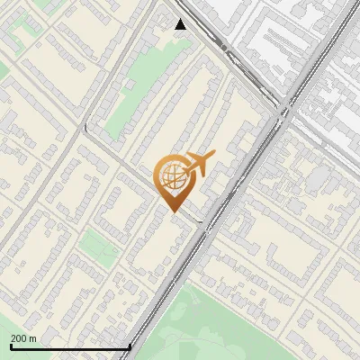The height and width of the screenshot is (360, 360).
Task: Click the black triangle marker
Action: [181, 24]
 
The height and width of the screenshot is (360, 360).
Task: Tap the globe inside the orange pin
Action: [173, 177]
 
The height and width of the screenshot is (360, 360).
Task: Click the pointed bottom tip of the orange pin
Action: [173, 213]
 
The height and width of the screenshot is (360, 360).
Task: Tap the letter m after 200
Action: [33, 338]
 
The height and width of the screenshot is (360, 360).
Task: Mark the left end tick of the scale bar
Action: [12, 346]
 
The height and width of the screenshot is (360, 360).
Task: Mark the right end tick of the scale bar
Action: [130, 346]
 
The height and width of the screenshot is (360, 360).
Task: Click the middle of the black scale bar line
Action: [71, 347]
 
